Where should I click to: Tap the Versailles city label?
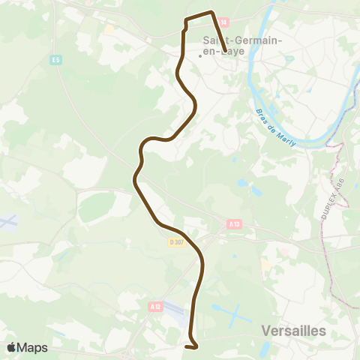294,330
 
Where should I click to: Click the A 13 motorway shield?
233,223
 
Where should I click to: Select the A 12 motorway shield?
155,306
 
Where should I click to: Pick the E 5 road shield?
55,60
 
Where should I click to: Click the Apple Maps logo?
27,347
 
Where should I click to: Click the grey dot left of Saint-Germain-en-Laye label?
199,55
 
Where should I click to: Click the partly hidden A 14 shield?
222,23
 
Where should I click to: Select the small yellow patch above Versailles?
266,265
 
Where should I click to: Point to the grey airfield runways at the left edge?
7,223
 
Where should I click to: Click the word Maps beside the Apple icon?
33,347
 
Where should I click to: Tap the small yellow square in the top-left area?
109,30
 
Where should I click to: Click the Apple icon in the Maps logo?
11,347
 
